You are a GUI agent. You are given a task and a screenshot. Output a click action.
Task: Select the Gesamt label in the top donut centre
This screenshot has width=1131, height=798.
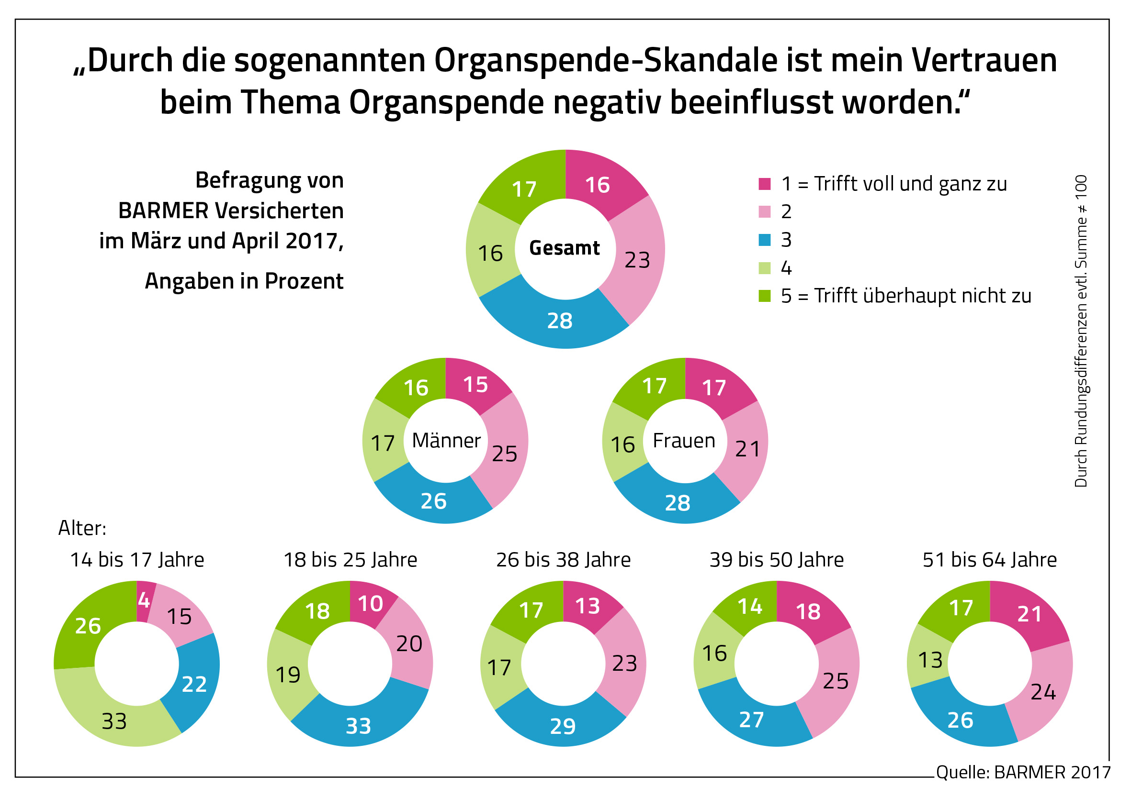pyautogui.click(x=565, y=248)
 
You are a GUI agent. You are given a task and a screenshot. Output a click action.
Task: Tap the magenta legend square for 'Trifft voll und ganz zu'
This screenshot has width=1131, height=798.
pyautogui.click(x=765, y=184)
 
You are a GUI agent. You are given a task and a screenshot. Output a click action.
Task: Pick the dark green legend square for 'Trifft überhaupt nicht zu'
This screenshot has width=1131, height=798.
pyautogui.click(x=765, y=296)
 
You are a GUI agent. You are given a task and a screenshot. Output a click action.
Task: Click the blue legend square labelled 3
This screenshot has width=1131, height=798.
pyautogui.click(x=765, y=240)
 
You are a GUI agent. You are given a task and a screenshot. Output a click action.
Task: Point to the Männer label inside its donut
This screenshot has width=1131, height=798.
pyautogui.click(x=446, y=441)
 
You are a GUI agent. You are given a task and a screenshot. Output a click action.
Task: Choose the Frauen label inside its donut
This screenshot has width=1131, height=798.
pyautogui.click(x=684, y=441)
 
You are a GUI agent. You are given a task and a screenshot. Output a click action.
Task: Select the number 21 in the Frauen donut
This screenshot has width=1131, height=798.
pyautogui.click(x=747, y=449)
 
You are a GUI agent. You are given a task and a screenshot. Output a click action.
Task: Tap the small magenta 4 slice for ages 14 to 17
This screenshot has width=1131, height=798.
pyautogui.click(x=144, y=600)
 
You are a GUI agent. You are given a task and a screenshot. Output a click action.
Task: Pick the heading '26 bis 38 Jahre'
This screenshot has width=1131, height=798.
pyautogui.click(x=563, y=560)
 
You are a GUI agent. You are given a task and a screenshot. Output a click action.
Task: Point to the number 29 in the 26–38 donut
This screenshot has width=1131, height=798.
pyautogui.click(x=563, y=726)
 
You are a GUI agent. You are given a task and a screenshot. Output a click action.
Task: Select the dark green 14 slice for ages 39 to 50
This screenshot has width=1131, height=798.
pyautogui.click(x=750, y=607)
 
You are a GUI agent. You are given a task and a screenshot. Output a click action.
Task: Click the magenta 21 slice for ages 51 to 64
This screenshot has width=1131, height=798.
pyautogui.click(x=1029, y=614)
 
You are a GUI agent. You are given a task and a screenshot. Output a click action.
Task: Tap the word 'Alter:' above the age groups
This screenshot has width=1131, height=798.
pyautogui.click(x=82, y=528)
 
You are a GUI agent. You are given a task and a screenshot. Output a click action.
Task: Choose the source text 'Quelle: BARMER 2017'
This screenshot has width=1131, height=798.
pyautogui.click(x=1023, y=772)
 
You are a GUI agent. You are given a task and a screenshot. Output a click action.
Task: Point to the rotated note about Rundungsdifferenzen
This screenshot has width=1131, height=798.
pyautogui.click(x=1081, y=331)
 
